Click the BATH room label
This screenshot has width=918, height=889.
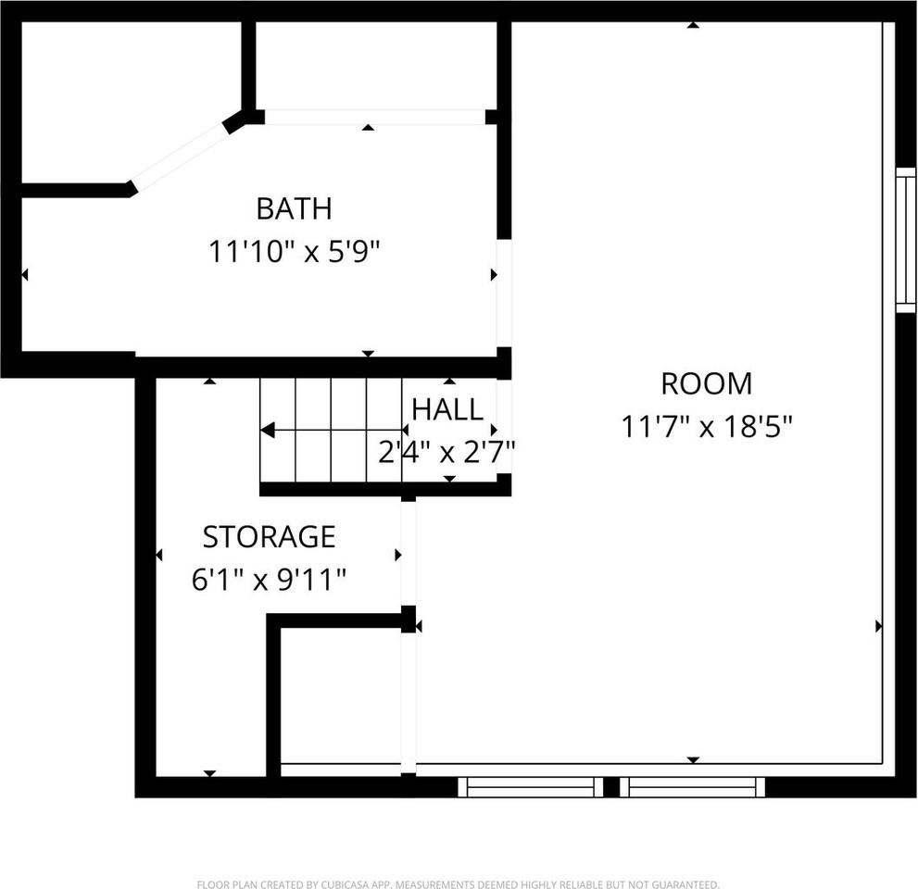pos(294,208)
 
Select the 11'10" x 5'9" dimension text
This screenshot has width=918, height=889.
pos(294,251)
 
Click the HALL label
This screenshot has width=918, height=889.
pos(447,408)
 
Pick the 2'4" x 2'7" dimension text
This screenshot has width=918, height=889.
pos(447,452)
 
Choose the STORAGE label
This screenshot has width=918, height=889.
pos(269,536)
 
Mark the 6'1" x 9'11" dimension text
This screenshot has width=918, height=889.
pos(269,580)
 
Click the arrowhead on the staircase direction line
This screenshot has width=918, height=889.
pos(268,430)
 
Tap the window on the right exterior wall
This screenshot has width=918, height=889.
pos(905,239)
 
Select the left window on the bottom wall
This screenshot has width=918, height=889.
pos(531,787)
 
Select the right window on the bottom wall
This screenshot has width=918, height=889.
pos(692,787)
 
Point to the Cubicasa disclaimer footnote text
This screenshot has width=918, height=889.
pos(459,884)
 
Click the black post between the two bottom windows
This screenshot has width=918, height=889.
pos(611,787)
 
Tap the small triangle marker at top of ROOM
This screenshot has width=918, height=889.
pos(692,25)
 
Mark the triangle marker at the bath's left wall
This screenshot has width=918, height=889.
pos(25,274)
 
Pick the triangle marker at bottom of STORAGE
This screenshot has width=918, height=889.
pos(209,773)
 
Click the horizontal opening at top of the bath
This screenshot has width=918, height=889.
pos(374,117)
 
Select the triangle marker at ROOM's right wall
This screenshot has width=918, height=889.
pos(878,626)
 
